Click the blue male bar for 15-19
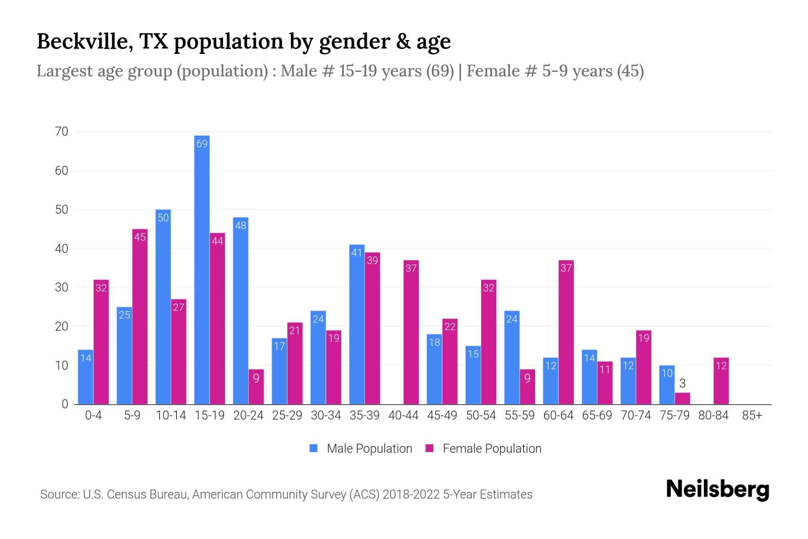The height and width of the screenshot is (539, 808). pos(202,269)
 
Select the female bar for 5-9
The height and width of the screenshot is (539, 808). pos(140,317)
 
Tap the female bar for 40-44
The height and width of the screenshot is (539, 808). pos(411,332)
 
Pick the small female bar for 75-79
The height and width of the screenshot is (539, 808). pos(682,398)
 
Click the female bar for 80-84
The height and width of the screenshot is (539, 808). pos(721,381)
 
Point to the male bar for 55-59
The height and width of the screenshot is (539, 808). pos(512,358)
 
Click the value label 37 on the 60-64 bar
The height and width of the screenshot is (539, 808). pos(566,268)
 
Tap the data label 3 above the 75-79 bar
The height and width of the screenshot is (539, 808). pos(682,384)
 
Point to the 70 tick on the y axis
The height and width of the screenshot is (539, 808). pos(61,132)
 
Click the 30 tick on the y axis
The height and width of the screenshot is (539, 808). pos(61,287)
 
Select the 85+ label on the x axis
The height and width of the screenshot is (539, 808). pos(752,415)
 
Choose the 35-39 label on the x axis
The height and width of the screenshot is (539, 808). pos(364,415)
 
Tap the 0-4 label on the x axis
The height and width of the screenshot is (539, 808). pos(93,415)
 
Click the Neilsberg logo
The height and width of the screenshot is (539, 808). pos(717,490)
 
